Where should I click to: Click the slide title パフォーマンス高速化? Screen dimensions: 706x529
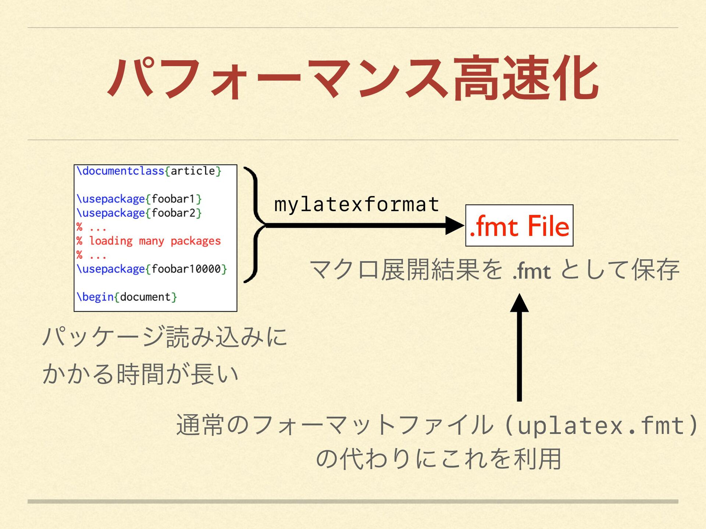coord(353,78)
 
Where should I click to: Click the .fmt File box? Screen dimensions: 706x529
coord(519,226)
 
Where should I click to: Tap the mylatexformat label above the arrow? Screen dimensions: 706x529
coord(357,205)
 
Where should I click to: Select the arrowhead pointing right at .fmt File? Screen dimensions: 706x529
coord(454,226)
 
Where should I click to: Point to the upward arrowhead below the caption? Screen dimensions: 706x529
coord(519,303)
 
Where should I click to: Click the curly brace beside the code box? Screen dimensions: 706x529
coord(254,225)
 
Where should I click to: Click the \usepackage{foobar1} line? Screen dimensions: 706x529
coord(139,199)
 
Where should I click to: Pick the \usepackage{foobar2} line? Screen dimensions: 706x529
coord(139,213)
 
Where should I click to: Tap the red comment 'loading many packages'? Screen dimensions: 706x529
coord(154,241)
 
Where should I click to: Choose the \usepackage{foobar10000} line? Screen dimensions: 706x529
coord(151,269)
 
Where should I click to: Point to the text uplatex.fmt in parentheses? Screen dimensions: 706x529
coord(601,425)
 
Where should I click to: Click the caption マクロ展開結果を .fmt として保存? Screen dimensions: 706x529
coord(494,270)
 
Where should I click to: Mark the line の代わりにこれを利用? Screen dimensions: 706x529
coord(438,459)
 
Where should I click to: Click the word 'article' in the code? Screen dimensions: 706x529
coord(193,171)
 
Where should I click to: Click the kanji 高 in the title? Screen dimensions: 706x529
coord(477,78)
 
